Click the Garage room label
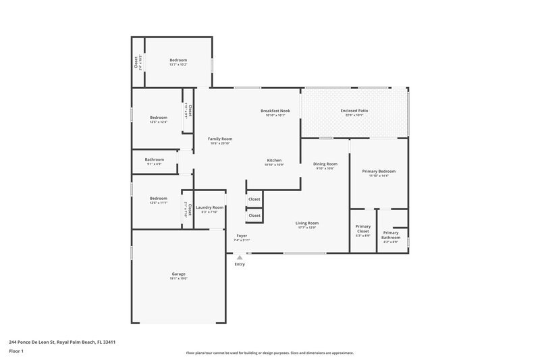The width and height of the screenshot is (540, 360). click(x=178, y=274)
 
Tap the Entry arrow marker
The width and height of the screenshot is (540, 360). click(x=240, y=257)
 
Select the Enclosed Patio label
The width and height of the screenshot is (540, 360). click(x=354, y=110)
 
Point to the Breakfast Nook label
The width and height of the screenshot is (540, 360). click(x=275, y=110)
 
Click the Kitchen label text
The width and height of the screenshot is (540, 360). click(x=274, y=160)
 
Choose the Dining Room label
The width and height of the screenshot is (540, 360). click(x=325, y=163)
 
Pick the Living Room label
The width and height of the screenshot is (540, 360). click(x=307, y=223)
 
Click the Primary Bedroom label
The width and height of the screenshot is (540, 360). click(x=379, y=171)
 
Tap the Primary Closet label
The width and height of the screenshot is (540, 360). click(x=363, y=228)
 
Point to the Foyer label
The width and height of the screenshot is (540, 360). click(x=242, y=235)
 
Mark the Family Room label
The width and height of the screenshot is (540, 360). click(x=220, y=138)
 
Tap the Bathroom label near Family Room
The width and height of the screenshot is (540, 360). click(x=155, y=159)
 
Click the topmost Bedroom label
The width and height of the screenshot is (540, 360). click(x=178, y=60)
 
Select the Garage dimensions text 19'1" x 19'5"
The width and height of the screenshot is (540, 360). click(x=178, y=278)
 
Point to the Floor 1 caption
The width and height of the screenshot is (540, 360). click(x=16, y=351)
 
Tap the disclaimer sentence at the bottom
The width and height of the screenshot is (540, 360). click(x=269, y=353)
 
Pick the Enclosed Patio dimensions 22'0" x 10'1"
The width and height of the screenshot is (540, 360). click(x=354, y=115)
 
